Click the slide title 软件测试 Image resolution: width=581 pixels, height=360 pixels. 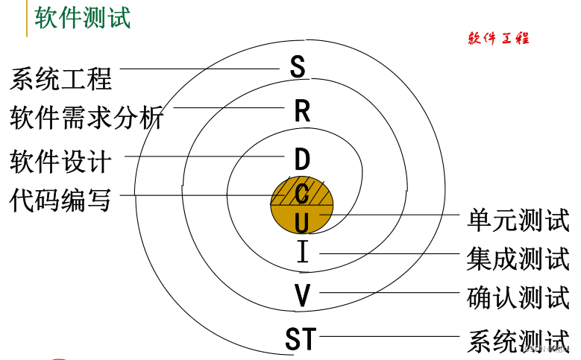click(83, 16)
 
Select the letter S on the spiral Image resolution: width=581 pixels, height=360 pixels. click(298, 66)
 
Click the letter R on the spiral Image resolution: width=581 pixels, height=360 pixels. click(301, 112)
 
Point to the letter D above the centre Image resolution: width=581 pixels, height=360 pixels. click(301, 159)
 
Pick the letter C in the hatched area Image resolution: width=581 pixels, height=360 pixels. click(301, 195)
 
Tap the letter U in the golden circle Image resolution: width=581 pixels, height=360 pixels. click(301, 222)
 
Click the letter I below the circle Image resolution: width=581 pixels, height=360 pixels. click(302, 253)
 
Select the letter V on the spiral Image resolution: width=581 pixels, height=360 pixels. click(301, 296)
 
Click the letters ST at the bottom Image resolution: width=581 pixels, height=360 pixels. click(301, 339)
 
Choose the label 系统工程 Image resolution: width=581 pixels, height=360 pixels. click(60, 78)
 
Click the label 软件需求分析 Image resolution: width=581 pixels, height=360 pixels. click(86, 117)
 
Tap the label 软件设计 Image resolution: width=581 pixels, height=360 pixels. click(60, 160)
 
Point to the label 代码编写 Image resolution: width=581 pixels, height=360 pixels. click(60, 200)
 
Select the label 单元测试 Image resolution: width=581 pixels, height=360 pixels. click(518, 220)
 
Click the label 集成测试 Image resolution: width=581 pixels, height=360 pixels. click(518, 259)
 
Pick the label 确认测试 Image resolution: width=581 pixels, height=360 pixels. click(518, 298)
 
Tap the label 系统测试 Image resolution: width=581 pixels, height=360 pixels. click(518, 341)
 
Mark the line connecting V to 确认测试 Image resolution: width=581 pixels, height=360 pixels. click(388, 292)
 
